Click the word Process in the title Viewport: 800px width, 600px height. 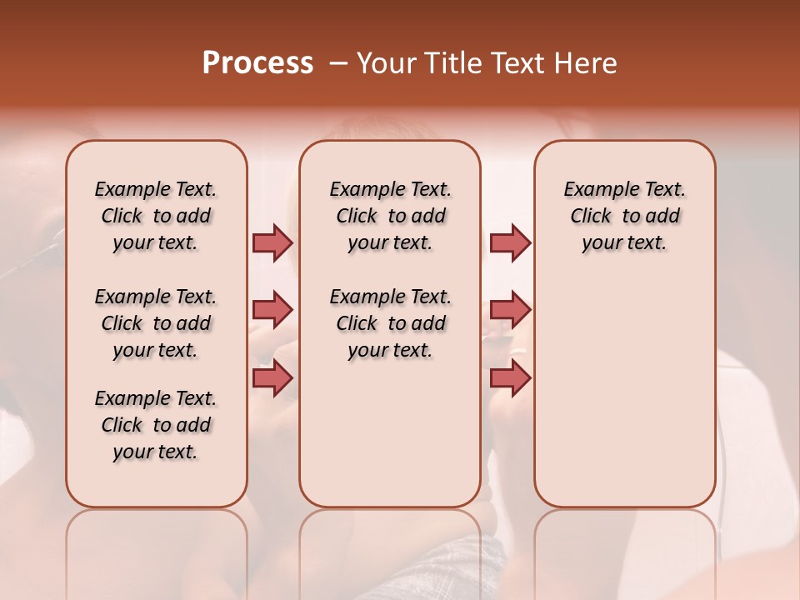click(257, 63)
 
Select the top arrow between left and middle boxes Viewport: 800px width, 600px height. click(272, 242)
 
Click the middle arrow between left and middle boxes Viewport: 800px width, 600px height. click(272, 310)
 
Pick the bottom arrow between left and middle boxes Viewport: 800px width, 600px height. click(272, 378)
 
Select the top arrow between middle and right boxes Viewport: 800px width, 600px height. click(510, 242)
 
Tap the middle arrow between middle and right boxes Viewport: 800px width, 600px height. click(510, 310)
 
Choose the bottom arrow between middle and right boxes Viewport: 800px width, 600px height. click(510, 378)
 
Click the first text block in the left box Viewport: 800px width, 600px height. click(156, 216)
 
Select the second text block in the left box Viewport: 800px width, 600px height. click(156, 323)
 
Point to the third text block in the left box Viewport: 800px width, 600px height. click(156, 425)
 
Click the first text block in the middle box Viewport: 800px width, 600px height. click(390, 216)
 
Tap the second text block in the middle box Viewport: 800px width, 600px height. click(390, 323)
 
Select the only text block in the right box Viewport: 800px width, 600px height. click(624, 216)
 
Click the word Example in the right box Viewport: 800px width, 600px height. click(596, 190)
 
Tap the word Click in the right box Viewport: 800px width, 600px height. click(591, 217)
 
